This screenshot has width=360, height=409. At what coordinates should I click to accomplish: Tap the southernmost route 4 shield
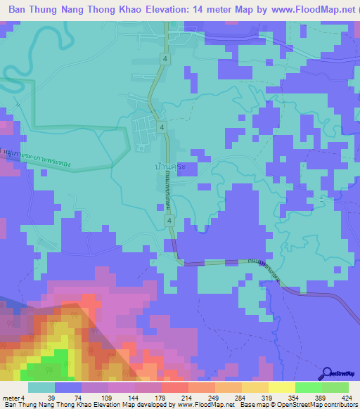pos(169,221)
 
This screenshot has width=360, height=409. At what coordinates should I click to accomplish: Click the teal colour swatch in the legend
pos(41,387)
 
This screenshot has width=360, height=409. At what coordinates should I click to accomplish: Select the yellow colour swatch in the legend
pos(281,387)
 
